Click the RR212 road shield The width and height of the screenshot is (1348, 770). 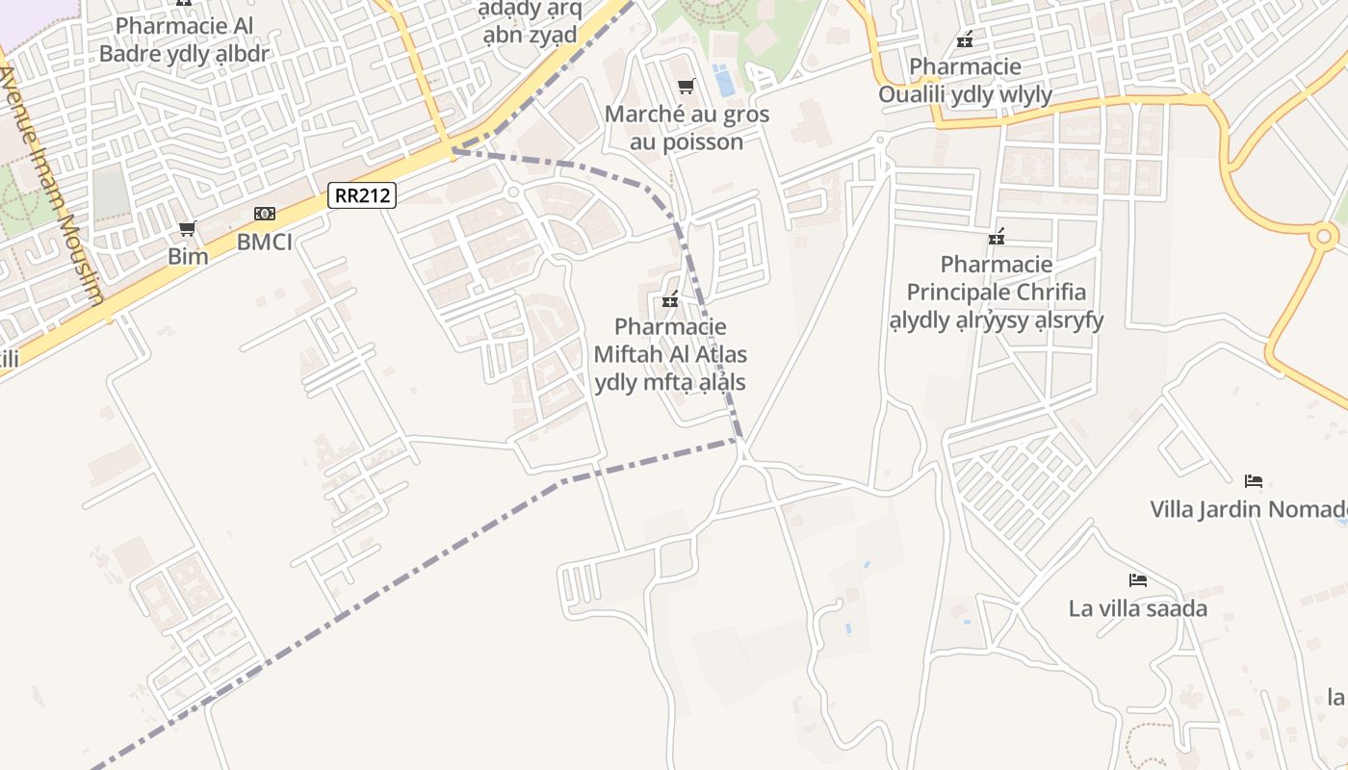point(362,195)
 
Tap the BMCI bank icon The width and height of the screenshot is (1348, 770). point(265,214)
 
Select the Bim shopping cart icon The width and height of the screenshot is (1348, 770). point(188,229)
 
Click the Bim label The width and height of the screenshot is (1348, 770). point(188,256)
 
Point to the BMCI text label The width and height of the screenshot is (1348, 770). point(265,241)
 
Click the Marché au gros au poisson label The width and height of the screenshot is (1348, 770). point(687,128)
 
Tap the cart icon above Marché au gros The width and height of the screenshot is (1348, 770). point(687,87)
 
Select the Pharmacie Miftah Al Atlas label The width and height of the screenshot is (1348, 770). point(670,354)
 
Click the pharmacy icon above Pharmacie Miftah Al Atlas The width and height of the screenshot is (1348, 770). point(670,299)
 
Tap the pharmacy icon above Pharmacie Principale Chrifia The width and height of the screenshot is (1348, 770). point(997,236)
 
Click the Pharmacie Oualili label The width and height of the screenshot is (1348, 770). point(965,81)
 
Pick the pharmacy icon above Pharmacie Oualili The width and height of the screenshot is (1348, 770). point(965,39)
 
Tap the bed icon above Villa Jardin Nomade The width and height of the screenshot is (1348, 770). point(1254,480)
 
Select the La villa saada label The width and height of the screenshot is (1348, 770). point(1138,608)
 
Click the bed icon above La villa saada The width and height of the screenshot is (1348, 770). point(1138,580)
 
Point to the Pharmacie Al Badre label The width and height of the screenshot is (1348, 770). point(185,39)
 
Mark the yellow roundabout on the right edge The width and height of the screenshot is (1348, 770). point(1324,235)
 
